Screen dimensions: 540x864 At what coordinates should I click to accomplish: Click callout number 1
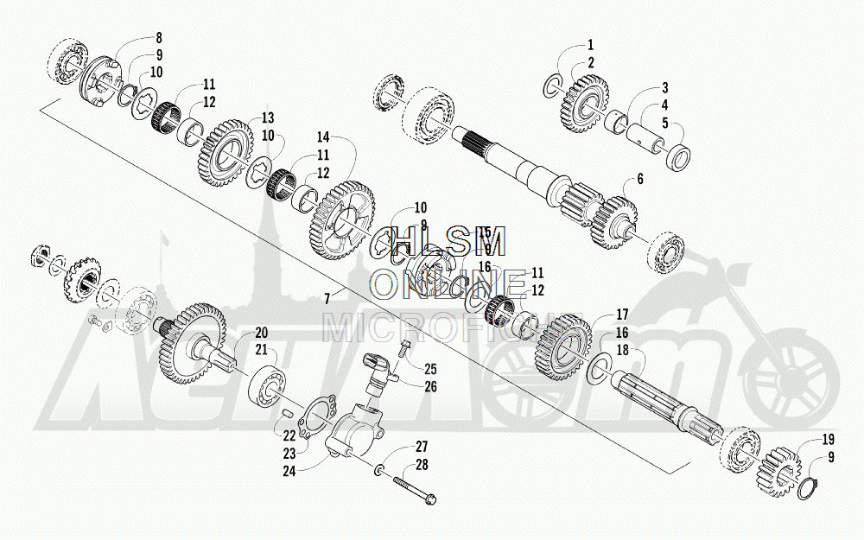591,45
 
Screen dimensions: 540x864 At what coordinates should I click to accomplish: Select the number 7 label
327,298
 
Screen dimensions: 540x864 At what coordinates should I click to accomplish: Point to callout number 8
158,37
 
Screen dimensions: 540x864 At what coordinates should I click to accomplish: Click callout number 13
268,118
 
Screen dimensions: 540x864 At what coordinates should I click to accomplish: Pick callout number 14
323,137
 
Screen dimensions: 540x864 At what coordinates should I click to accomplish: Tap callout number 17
621,314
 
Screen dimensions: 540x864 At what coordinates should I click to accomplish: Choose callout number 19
827,440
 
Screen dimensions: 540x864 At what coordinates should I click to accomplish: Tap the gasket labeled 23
310,418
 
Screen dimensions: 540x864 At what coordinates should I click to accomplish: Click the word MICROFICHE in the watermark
453,327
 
